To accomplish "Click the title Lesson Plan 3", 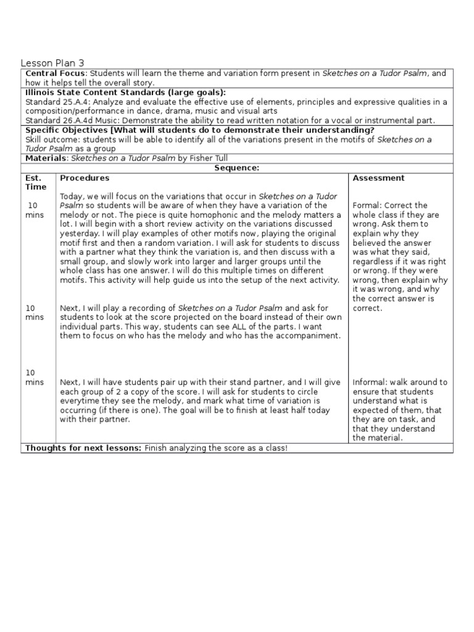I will [52, 63].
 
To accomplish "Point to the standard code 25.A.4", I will [77, 102].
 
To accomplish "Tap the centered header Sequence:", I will [236, 168].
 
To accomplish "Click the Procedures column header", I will [85, 178].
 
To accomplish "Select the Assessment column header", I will [378, 178].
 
